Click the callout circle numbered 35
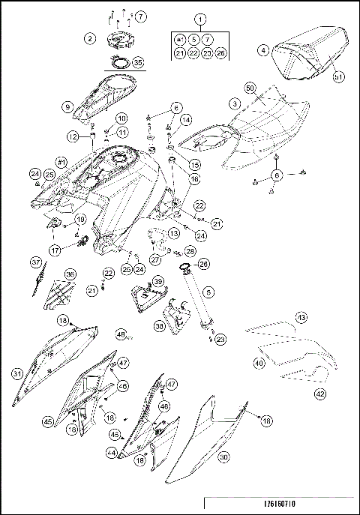pos(137,64)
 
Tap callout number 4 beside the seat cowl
pos(263,51)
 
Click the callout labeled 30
pos(222,456)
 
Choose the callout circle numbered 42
pos(319,393)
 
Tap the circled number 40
pos(259,363)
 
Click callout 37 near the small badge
pos(35,262)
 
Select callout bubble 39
pos(157,281)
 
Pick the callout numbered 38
pos(159,326)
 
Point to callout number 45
pos(48,423)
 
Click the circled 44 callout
pos(112,454)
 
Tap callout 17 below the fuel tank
pos(55,250)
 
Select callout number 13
pos(173,233)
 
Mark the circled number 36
pos(70,275)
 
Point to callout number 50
pos(250,88)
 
